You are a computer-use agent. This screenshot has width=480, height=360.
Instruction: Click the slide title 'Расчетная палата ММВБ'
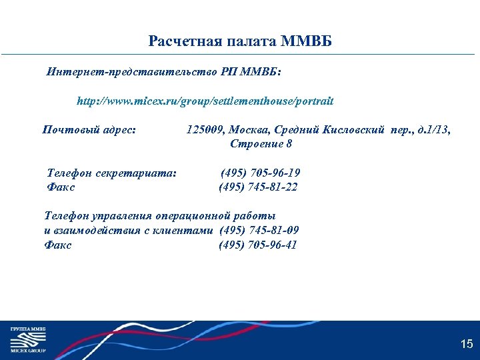click(x=240, y=42)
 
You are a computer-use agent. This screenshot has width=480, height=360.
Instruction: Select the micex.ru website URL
click(x=205, y=102)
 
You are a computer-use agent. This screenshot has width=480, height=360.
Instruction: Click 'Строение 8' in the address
click(x=261, y=143)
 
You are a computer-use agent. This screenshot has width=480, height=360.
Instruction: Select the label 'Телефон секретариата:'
click(x=112, y=173)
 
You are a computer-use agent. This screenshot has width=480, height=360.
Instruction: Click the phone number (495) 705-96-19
click(x=261, y=173)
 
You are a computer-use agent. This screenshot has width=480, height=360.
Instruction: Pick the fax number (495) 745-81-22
click(x=258, y=187)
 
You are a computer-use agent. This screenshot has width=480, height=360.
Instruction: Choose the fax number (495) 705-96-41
click(x=258, y=245)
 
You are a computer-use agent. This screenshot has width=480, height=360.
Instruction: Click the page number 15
click(x=466, y=344)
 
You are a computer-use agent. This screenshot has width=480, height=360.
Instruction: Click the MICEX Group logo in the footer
click(x=27, y=339)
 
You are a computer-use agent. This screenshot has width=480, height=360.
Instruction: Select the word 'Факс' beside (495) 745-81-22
click(x=61, y=187)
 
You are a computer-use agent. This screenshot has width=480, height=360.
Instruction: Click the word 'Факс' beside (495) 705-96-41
click(x=58, y=245)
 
